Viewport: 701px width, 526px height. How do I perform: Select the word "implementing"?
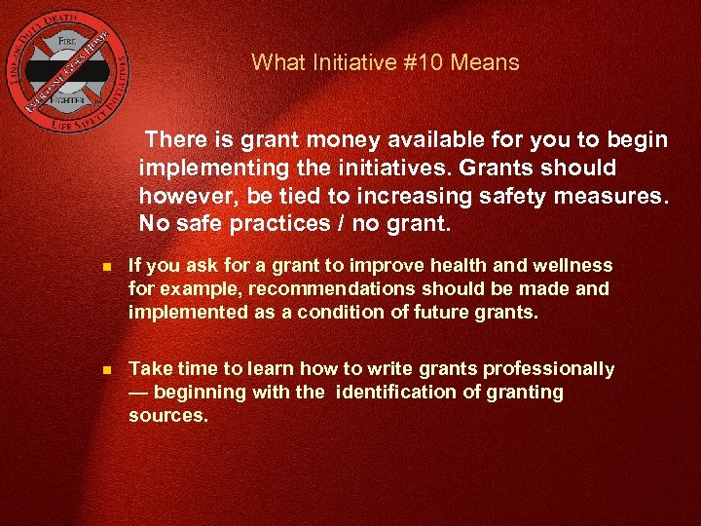[x=202, y=169]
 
